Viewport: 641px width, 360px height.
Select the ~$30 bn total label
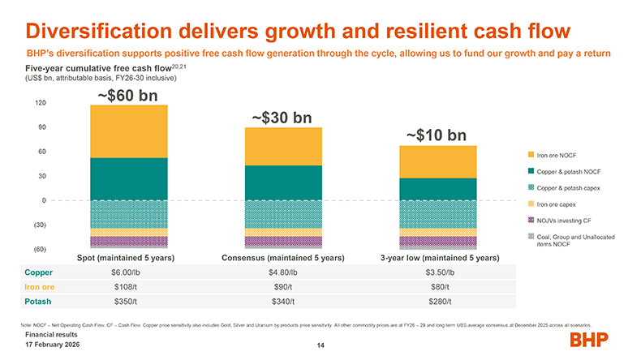tap(282, 118)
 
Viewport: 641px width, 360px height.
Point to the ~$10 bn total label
tap(437, 135)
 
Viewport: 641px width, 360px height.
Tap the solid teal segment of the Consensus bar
tap(283, 182)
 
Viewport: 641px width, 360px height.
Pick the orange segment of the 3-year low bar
tap(438, 162)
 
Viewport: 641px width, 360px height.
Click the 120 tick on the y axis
tap(40, 103)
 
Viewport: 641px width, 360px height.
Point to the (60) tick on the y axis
tap(39, 248)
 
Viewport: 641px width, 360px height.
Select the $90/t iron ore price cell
tap(282, 287)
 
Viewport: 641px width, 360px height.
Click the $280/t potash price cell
tap(438, 302)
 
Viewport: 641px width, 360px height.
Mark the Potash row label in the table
tap(39, 302)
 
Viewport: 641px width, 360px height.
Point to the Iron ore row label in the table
tap(41, 287)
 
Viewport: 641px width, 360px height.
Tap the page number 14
tap(320, 346)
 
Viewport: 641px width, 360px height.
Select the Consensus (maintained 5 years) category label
tap(283, 258)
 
